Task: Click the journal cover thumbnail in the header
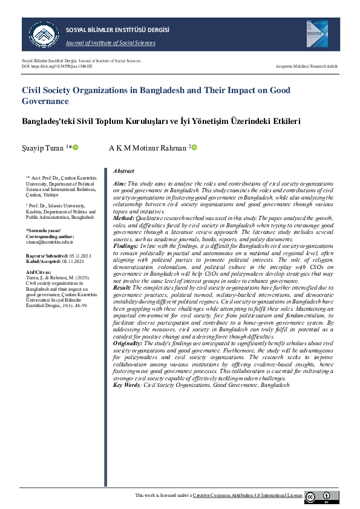click(316, 34)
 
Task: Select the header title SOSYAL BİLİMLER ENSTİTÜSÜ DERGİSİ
click(117, 30)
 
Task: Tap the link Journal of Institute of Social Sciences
click(111, 43)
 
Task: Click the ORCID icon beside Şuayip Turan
click(76, 148)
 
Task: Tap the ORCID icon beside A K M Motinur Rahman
click(194, 148)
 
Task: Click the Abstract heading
click(123, 172)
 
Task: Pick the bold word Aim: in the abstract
click(120, 183)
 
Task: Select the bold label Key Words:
click(126, 384)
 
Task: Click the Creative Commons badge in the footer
click(321, 497)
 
